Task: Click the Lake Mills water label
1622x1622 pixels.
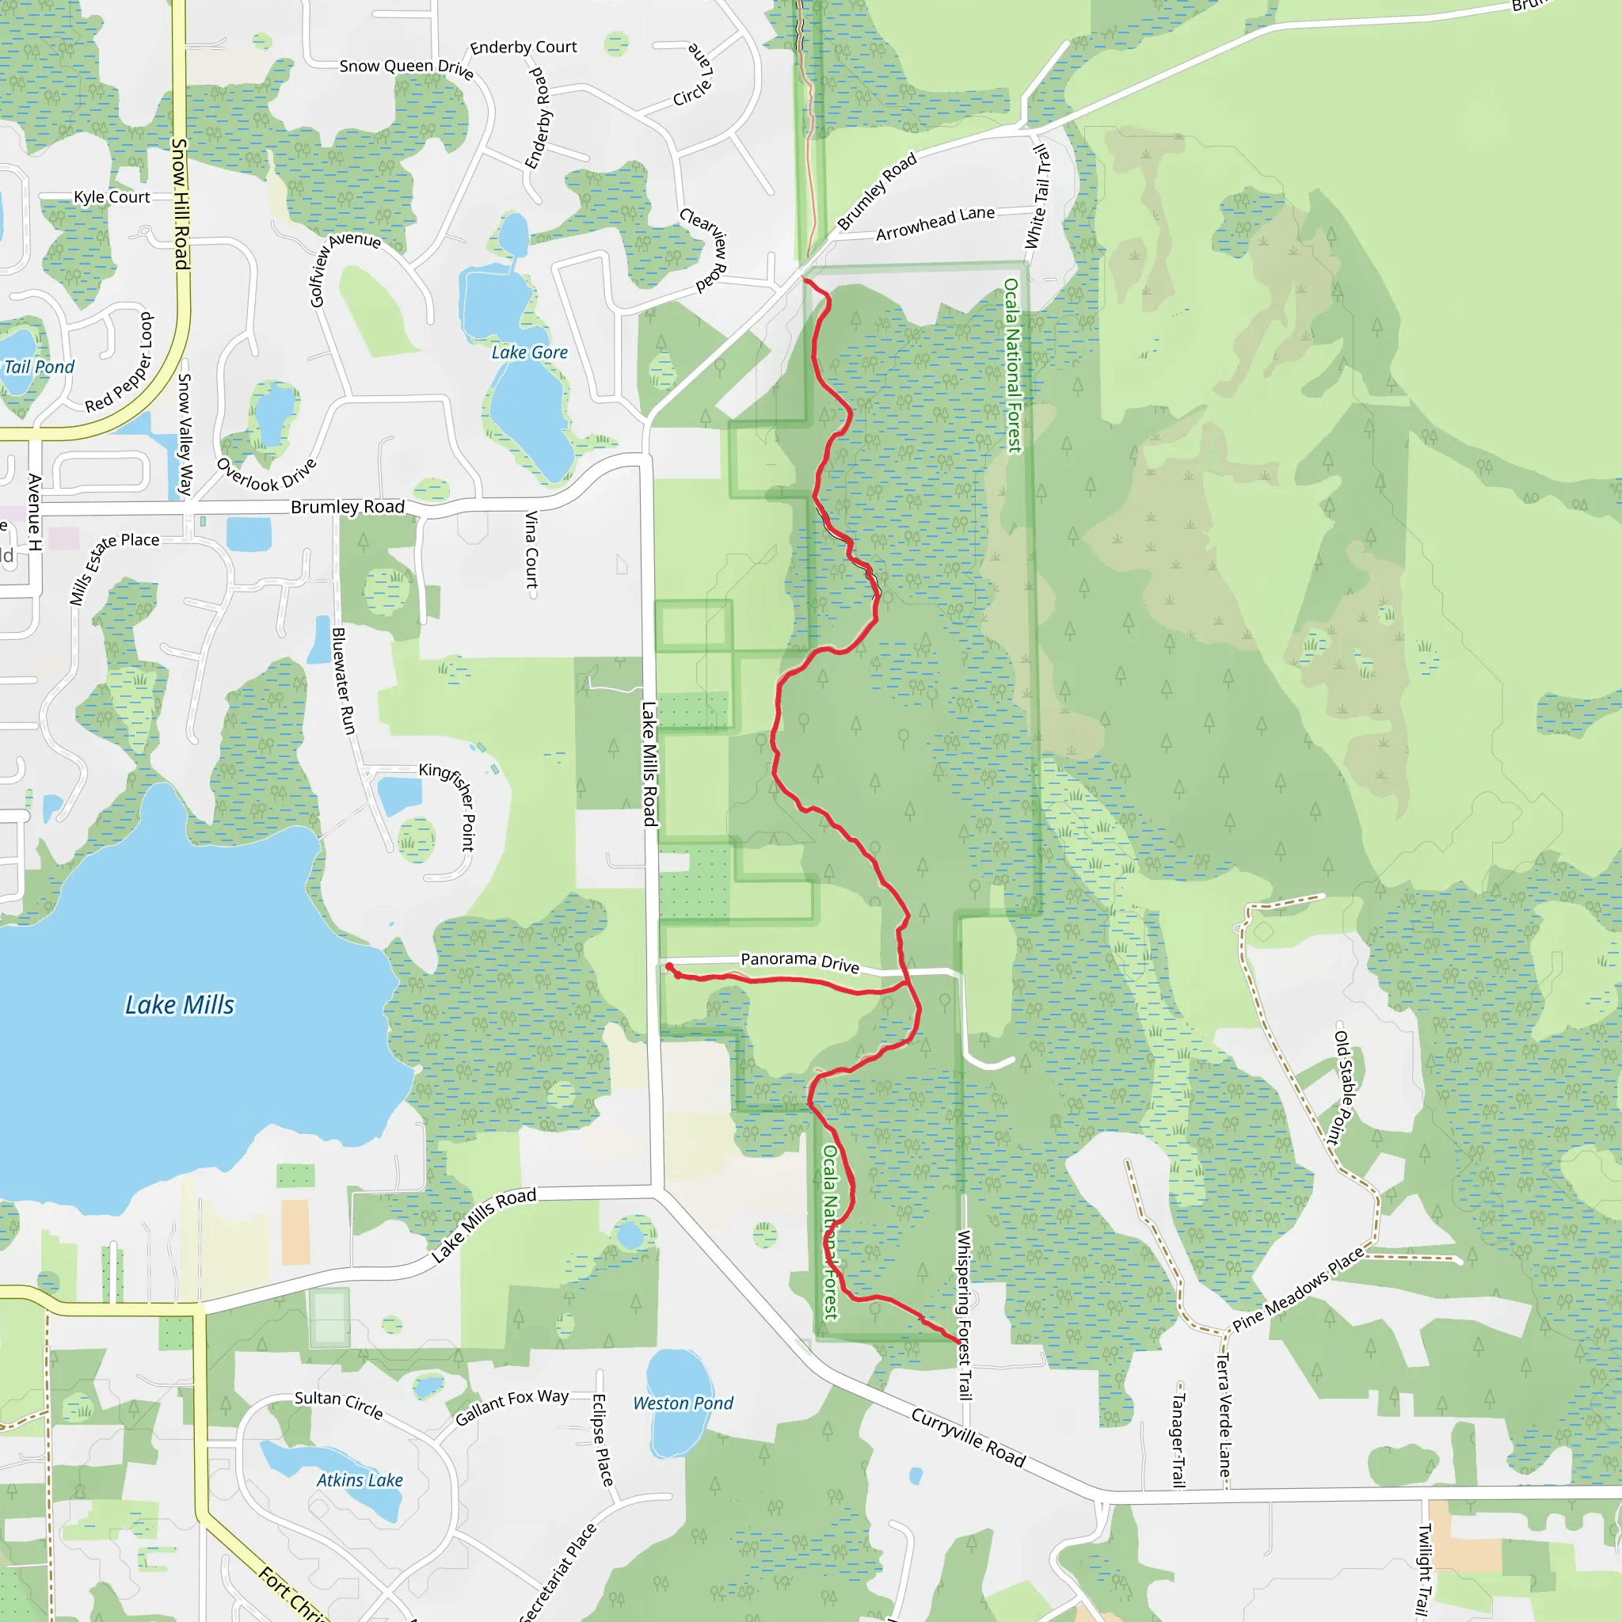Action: [x=180, y=1005]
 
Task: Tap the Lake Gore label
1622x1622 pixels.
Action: [x=530, y=352]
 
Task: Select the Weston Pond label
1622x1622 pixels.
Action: [x=683, y=1403]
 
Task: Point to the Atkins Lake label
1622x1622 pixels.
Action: [x=360, y=1480]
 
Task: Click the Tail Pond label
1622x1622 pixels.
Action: [x=39, y=367]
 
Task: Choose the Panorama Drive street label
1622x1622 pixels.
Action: [x=799, y=962]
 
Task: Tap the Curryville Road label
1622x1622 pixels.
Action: [x=968, y=1438]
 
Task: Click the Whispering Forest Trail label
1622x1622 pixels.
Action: [x=965, y=1315]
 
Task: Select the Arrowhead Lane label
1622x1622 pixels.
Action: [x=935, y=223]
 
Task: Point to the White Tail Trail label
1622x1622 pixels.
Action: [x=1038, y=196]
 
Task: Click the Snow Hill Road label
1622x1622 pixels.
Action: [x=181, y=204]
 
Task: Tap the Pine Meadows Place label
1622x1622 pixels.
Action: [x=1298, y=1289]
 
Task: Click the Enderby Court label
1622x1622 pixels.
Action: [x=523, y=47]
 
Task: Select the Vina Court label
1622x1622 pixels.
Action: [x=531, y=550]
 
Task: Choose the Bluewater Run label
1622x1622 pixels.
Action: [x=344, y=681]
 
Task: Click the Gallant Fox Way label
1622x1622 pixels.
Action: [x=512, y=1407]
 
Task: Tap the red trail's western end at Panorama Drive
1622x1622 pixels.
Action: [x=669, y=967]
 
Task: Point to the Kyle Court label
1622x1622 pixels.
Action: [x=112, y=197]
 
